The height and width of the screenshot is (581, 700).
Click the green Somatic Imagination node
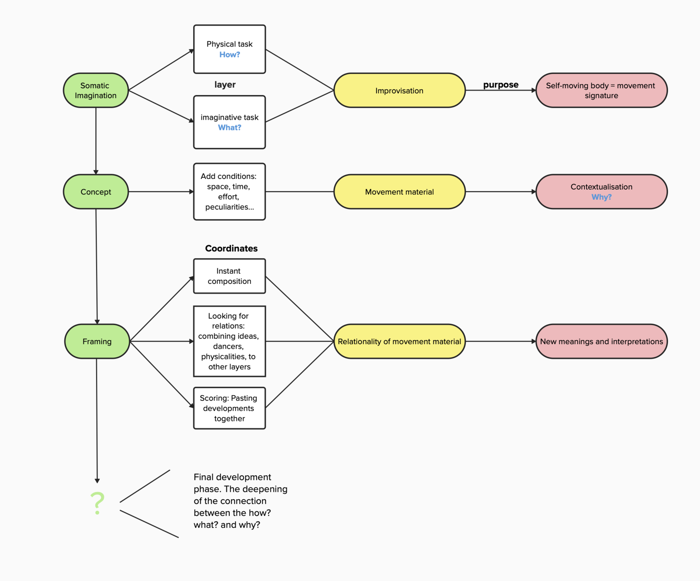click(96, 90)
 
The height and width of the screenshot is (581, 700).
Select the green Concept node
click(96, 192)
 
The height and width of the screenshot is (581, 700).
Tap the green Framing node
click(97, 341)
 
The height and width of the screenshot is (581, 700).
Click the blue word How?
click(230, 55)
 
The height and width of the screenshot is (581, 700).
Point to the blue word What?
click(230, 128)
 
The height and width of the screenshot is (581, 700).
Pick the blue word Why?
click(601, 197)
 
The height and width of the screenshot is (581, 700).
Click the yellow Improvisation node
click(399, 91)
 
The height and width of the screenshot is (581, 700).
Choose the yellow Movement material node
click(399, 192)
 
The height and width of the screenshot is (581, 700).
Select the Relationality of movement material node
click(399, 341)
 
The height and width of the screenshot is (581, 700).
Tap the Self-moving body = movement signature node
click(601, 91)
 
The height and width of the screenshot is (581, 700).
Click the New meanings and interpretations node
click(601, 341)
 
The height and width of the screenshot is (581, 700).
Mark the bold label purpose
click(501, 85)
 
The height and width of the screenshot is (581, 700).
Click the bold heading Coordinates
click(231, 249)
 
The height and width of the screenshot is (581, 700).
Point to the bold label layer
click(225, 85)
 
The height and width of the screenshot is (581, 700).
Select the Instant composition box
click(229, 276)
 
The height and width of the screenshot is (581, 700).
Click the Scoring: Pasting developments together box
click(229, 408)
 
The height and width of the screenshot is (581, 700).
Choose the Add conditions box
click(229, 192)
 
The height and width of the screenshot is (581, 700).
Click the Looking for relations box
click(229, 341)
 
